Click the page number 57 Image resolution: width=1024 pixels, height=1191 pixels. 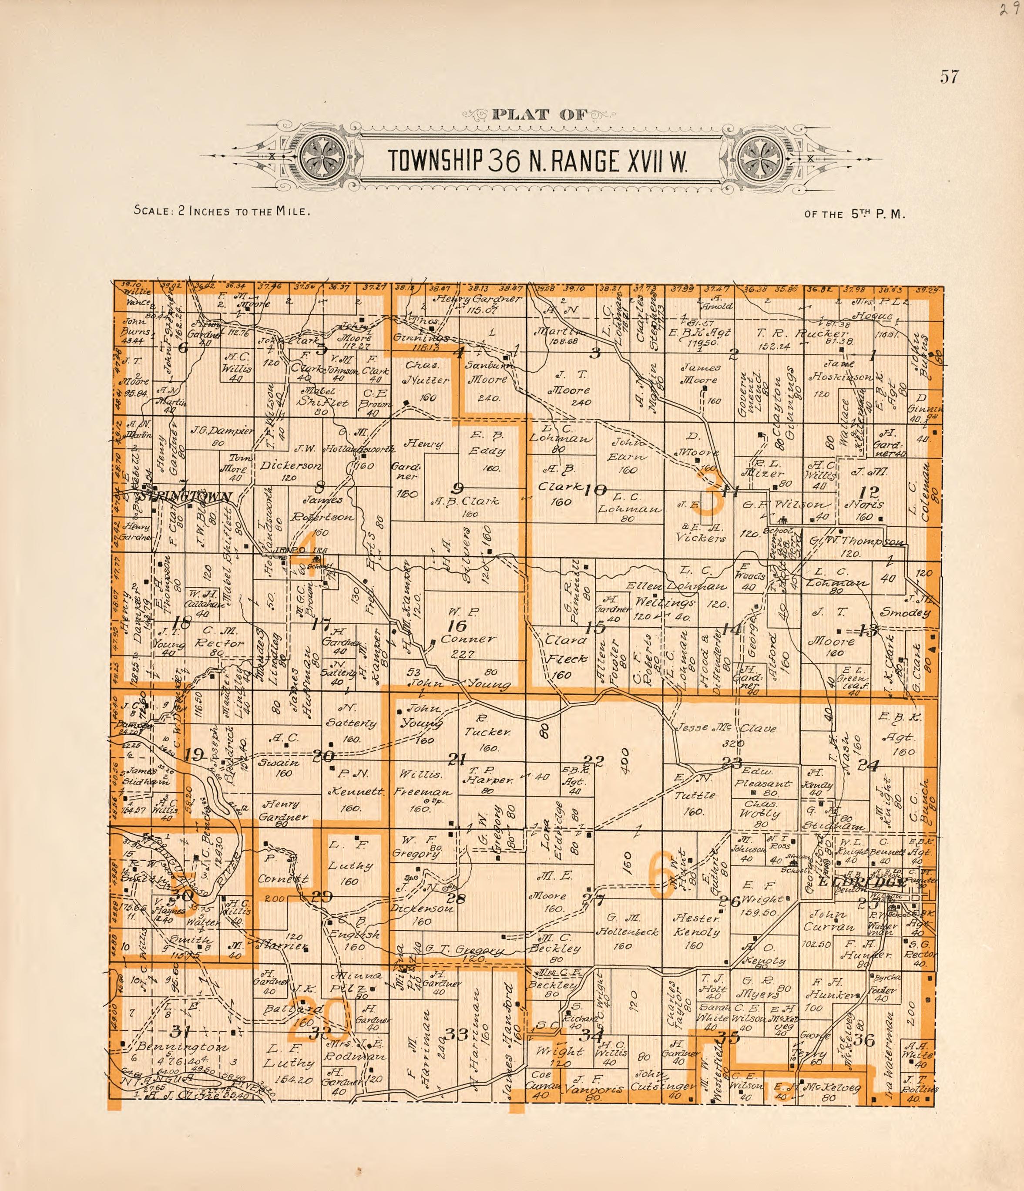click(949, 77)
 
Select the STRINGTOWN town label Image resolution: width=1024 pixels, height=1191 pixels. click(185, 496)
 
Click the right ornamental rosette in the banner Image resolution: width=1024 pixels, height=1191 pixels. click(760, 156)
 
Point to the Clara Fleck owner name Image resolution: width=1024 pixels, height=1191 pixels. click(567, 649)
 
